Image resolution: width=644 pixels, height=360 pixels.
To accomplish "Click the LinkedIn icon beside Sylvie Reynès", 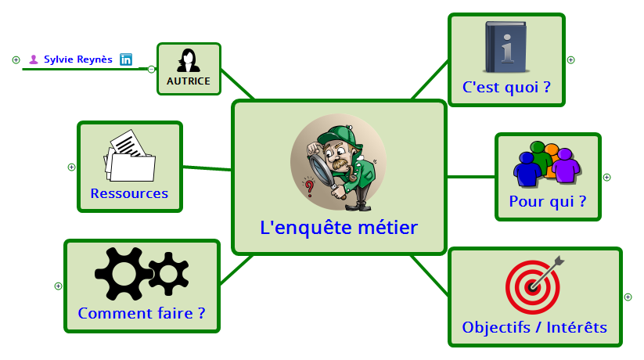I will [126, 59].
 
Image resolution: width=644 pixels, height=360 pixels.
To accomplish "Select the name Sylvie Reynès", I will [77, 59].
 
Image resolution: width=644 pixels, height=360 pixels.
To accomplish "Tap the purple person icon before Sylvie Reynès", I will [34, 59].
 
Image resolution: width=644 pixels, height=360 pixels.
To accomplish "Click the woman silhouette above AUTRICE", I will [188, 60].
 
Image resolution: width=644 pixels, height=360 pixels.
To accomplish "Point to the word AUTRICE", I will [188, 81].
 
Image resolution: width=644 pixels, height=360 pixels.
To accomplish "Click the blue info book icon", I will [505, 45].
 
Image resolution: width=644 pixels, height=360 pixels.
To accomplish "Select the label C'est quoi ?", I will [506, 87].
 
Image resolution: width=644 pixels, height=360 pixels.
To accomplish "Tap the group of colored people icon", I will [547, 163].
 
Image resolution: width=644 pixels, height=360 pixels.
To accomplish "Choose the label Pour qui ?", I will [547, 201].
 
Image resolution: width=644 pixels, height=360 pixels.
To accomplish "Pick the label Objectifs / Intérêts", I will [534, 327].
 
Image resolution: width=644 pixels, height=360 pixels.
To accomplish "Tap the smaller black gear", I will [168, 273].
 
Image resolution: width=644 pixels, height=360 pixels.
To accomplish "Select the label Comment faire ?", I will [141, 313].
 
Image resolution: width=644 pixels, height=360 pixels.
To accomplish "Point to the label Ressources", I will [129, 193].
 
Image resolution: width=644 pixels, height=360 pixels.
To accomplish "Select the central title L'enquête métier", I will [339, 228].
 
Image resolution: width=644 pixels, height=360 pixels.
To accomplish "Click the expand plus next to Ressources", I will [71, 167].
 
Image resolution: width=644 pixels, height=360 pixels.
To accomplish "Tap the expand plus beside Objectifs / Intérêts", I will [628, 297].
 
